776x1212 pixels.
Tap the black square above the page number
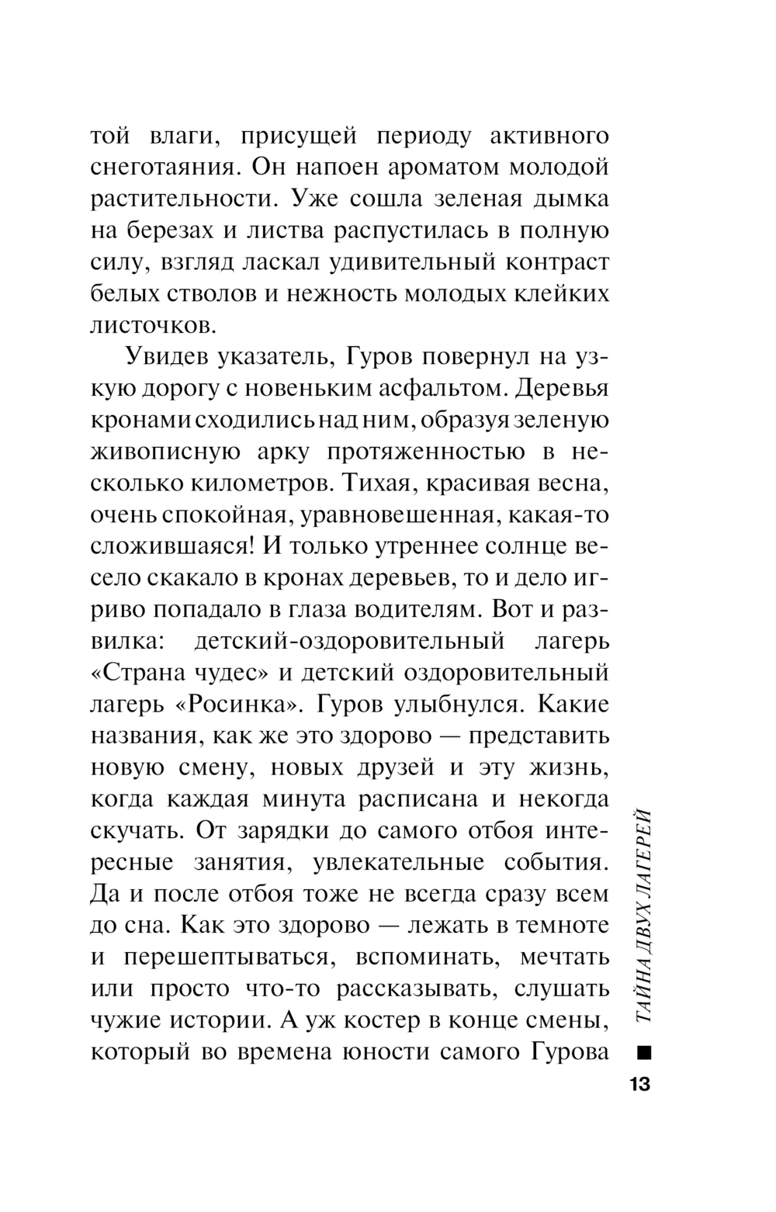643,1053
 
